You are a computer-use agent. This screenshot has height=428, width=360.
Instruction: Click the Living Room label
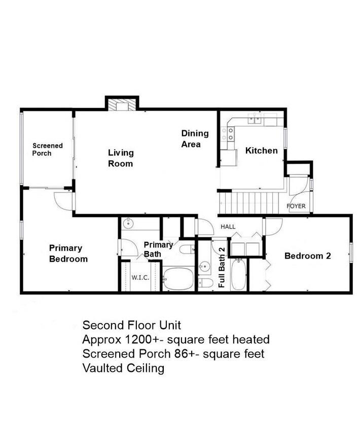tap(120, 158)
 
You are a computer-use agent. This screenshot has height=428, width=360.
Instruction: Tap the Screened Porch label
tap(48, 149)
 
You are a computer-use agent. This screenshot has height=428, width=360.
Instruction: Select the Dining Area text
tap(195, 138)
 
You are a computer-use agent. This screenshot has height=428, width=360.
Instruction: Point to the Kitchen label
tap(261, 151)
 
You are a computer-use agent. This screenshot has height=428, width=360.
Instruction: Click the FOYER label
tap(296, 206)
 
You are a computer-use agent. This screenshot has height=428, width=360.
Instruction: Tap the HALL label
tap(228, 227)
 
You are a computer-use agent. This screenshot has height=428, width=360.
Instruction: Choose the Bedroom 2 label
tap(307, 256)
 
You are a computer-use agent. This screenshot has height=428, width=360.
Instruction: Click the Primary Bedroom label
tap(68, 254)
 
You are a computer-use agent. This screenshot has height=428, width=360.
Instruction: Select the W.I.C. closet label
tap(139, 277)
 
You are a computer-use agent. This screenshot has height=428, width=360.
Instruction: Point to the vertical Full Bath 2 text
tap(222, 267)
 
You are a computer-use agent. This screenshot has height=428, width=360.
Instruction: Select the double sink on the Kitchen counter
tap(256, 120)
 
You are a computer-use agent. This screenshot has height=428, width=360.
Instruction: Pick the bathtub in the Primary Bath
tap(177, 279)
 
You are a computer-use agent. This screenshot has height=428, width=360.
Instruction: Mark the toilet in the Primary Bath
tap(187, 249)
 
